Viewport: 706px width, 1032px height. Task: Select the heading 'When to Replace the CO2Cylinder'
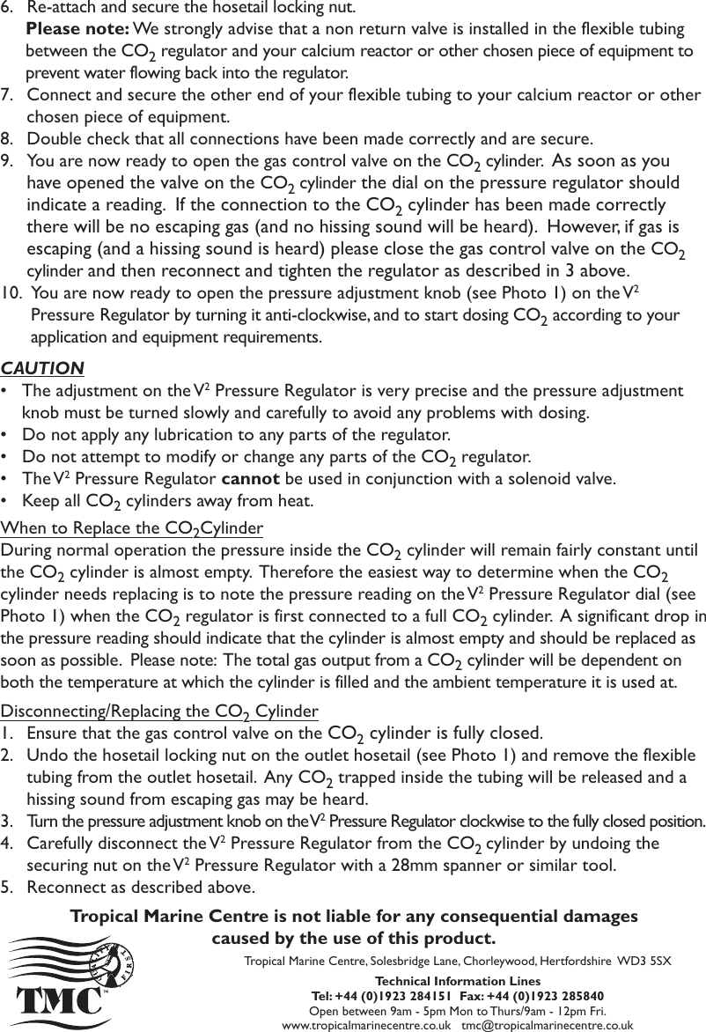(x=132, y=529)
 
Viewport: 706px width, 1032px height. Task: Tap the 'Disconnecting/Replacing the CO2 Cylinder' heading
(x=159, y=711)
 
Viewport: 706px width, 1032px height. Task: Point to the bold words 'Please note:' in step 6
(x=70, y=29)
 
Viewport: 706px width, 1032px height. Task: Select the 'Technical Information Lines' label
(x=458, y=981)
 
